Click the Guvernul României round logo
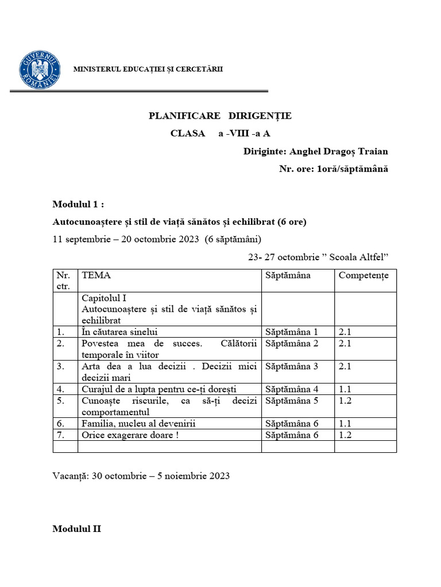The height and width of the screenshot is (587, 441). [x=40, y=71]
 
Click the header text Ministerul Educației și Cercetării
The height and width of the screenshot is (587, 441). [x=148, y=69]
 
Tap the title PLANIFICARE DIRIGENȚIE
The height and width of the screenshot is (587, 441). [x=220, y=116]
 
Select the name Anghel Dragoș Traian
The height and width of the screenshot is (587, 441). [x=339, y=151]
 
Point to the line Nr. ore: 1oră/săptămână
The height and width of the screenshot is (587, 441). [x=334, y=169]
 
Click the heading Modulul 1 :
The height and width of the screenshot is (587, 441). [x=79, y=205]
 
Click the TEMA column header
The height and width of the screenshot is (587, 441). [x=96, y=275]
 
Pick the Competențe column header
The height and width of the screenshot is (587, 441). [x=363, y=275]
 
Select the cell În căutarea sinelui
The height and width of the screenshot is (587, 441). [x=119, y=331]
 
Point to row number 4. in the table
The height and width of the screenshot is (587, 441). [x=60, y=389]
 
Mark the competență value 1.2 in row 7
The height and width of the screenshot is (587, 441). [x=345, y=435]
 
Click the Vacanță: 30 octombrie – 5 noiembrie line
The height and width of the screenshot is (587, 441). [x=141, y=476]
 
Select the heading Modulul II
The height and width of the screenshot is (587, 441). [x=76, y=529]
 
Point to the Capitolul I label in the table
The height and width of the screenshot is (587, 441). [x=104, y=298]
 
